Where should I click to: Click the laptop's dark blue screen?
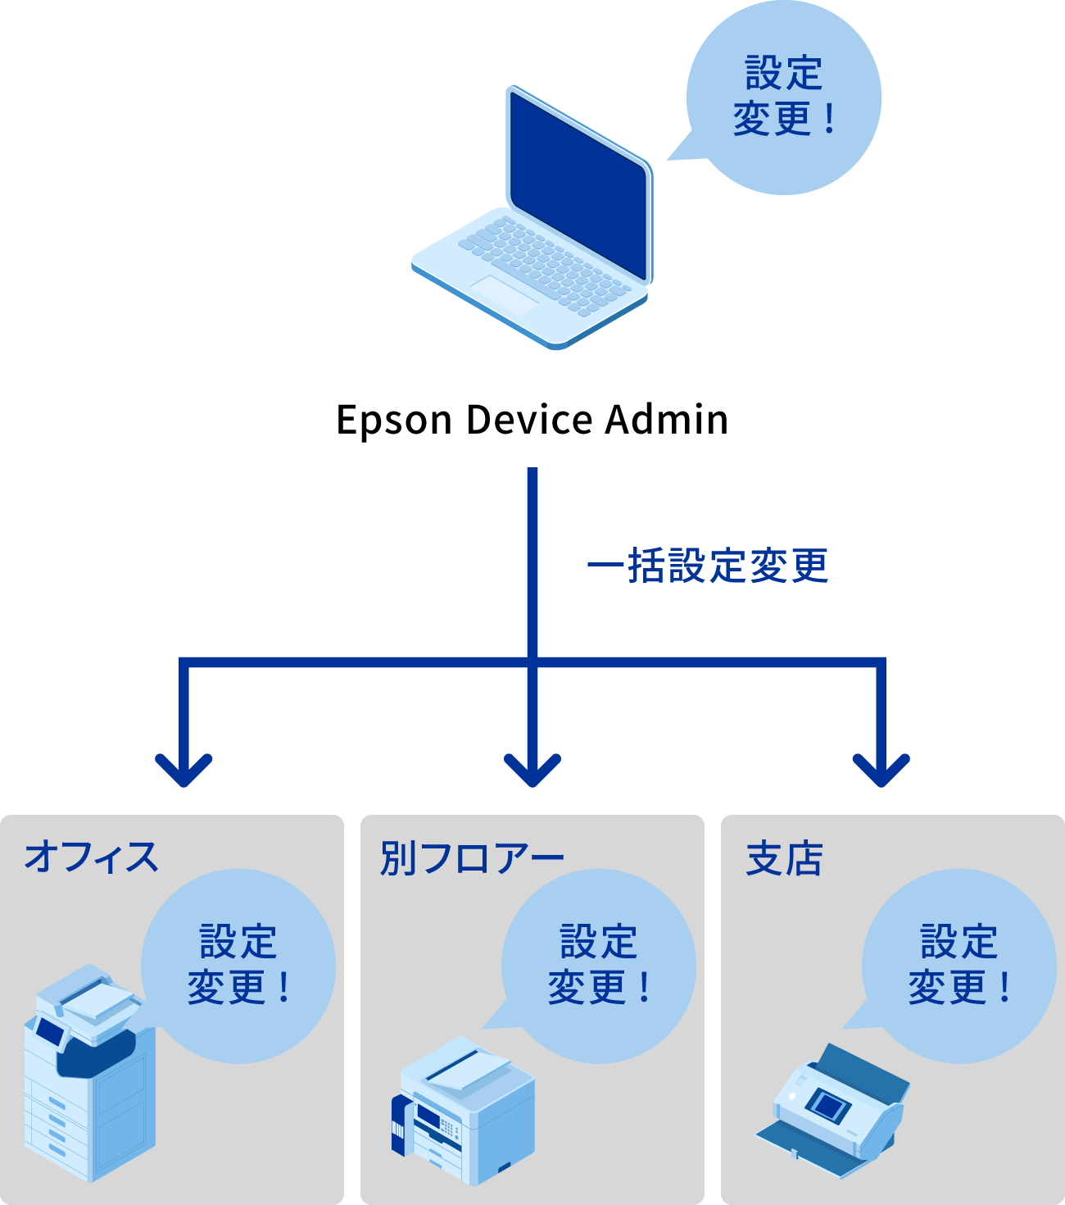click(x=578, y=184)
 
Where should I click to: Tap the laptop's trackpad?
click(x=503, y=293)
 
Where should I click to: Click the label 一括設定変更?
click(x=708, y=566)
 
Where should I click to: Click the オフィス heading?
click(x=91, y=857)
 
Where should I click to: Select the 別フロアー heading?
click(x=472, y=858)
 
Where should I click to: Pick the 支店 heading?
click(x=784, y=858)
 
